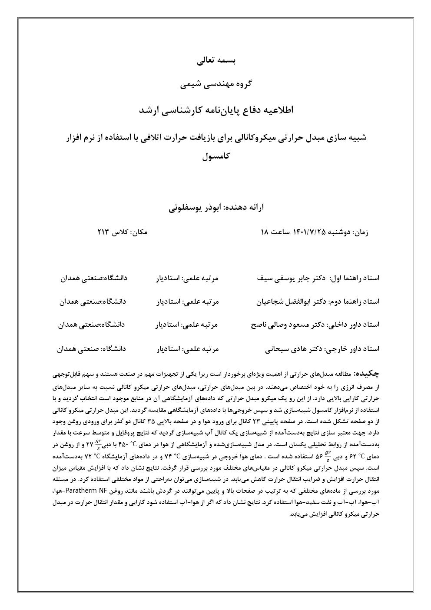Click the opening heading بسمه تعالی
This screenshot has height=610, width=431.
pos(216,60)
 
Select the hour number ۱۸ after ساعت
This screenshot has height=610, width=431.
pos(265,232)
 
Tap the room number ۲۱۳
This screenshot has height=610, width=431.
pos(103,232)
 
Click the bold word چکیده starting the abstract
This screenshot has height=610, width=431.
pos(368,373)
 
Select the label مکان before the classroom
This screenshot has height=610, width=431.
pos(139,232)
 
